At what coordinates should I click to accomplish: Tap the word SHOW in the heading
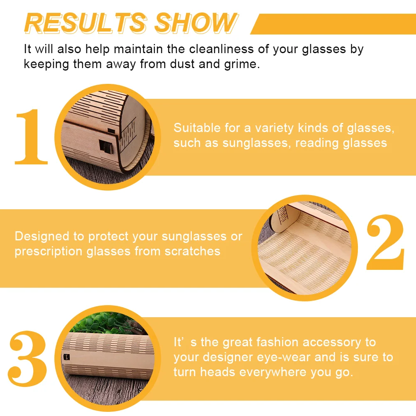coord(196,23)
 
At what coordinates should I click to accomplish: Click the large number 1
coord(31,137)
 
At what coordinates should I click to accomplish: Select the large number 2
coord(385,242)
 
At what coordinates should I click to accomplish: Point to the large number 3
coord(27,358)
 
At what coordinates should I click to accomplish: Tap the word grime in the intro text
coord(240,64)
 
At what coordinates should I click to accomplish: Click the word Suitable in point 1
coord(197,128)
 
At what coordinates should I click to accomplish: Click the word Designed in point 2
coord(42,236)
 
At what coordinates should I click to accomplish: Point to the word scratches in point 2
coord(193,251)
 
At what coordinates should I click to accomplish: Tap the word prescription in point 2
coord(49,252)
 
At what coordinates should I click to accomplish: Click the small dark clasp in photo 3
coord(67,357)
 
